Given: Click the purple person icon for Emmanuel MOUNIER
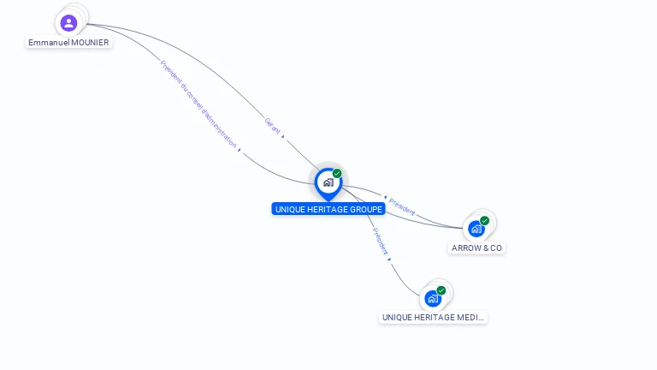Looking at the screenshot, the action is (x=69, y=23).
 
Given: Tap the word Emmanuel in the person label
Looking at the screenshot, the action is (x=46, y=43).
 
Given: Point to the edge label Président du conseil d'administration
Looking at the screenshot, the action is (x=198, y=104).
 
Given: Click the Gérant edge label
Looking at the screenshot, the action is (x=273, y=125).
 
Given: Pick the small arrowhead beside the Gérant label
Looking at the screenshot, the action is (x=283, y=135).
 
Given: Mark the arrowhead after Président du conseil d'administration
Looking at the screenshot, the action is (x=240, y=150).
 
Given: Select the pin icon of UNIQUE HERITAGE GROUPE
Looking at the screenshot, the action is (x=328, y=182).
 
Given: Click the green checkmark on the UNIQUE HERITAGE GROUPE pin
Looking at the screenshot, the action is (x=337, y=173).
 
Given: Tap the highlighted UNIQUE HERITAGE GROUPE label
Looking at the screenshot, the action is (x=328, y=209).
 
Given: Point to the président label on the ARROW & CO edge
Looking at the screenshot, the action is (x=402, y=206).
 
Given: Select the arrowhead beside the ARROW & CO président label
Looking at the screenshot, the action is (x=386, y=198).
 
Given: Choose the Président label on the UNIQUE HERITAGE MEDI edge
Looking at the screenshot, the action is (x=380, y=242).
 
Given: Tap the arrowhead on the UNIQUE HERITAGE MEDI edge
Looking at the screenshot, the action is (x=389, y=259).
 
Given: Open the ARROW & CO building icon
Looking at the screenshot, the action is (x=476, y=229).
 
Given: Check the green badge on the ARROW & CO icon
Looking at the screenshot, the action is (x=485, y=220).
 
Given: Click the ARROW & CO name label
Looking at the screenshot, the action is (x=477, y=248).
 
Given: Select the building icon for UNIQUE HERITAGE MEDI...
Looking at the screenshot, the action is (x=433, y=299).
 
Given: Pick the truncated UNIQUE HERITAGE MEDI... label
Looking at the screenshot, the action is (x=433, y=318).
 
